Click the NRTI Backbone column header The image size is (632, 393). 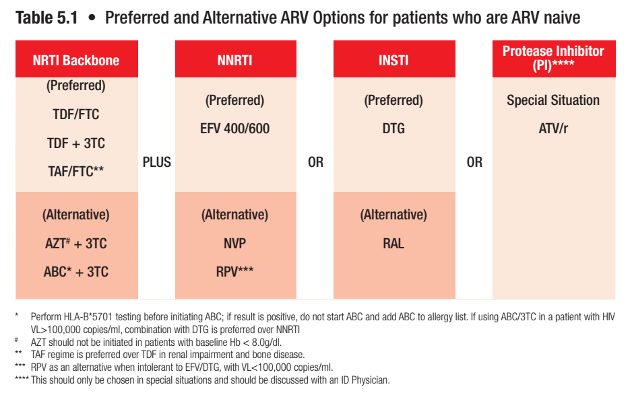75,60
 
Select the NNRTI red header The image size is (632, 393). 234,60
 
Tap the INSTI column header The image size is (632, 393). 393,60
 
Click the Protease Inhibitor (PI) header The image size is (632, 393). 553,59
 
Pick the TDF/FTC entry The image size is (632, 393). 75,114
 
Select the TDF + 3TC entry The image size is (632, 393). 75,143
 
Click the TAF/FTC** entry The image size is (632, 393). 75,172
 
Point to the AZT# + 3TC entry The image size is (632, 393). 75,244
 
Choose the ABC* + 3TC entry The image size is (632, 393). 75,272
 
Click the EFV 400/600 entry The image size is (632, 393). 234,129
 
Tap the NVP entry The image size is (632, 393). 234,244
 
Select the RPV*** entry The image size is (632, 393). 234,272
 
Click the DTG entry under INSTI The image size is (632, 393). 393,129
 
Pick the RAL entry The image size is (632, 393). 393,244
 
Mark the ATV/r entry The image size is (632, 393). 553,129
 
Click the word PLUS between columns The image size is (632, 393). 156,162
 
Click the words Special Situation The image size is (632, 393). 553,100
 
